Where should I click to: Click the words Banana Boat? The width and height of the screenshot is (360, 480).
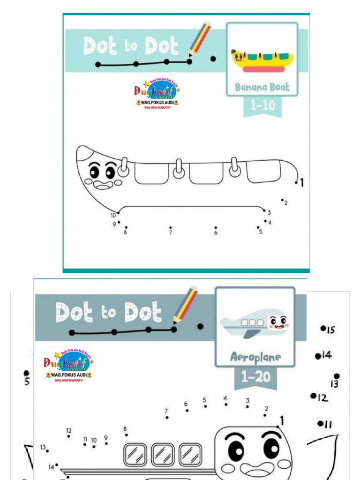pos(262,87)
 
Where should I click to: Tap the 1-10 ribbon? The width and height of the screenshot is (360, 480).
pos(262,106)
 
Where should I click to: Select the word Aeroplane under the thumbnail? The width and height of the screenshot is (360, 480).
pos(255,357)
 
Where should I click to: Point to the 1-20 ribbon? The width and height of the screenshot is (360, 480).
pos(255,376)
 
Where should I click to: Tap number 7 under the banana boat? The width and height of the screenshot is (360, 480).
pos(171,232)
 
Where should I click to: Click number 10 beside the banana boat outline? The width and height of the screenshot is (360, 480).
pos(113,215)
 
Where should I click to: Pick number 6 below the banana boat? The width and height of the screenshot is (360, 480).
pos(216,232)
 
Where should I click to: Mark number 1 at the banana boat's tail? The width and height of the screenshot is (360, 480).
pos(302,183)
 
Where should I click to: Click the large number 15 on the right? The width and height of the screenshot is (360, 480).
pos(330,330)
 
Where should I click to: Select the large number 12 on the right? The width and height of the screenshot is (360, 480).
pos(322,398)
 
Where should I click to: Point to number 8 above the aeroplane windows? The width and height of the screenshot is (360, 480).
pos(125,429)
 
